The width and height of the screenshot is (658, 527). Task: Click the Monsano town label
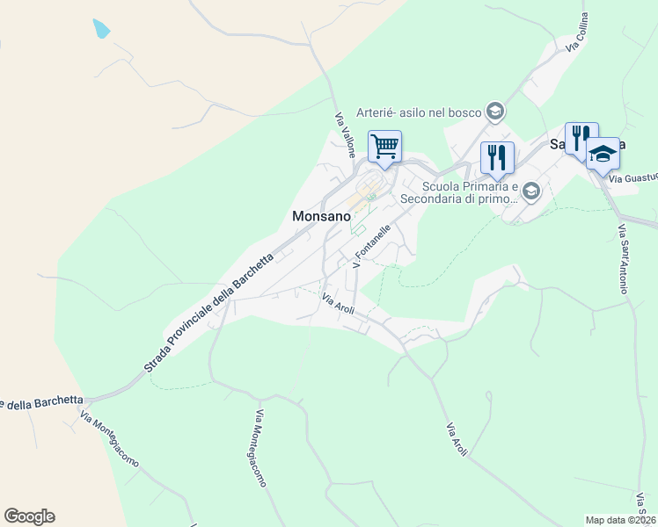click(323, 216)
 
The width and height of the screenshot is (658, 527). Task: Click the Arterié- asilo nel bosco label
click(419, 112)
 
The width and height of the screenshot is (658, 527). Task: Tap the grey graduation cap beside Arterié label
click(495, 112)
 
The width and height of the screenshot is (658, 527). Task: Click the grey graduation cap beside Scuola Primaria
click(530, 191)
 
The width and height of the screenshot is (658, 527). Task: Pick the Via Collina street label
click(577, 32)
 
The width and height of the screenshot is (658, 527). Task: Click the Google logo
click(29, 516)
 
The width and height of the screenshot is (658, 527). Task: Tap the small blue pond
click(101, 28)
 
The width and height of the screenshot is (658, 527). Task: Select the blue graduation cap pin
click(603, 153)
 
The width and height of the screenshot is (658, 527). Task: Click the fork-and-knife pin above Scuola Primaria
click(497, 157)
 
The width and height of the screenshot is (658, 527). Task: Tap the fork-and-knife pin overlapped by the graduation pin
click(580, 137)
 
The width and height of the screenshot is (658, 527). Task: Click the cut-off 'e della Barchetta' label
click(42, 403)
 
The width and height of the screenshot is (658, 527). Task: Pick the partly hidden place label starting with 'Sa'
click(559, 145)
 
